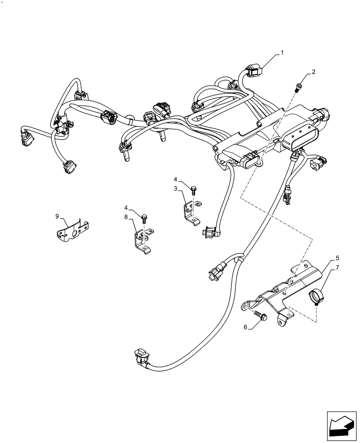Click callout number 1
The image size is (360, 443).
coord(282,53)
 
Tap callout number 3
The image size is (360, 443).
coord(176,189)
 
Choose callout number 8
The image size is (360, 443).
coord(126,217)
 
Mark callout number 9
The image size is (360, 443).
coord(57,216)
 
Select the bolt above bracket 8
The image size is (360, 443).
coord(144,218)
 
